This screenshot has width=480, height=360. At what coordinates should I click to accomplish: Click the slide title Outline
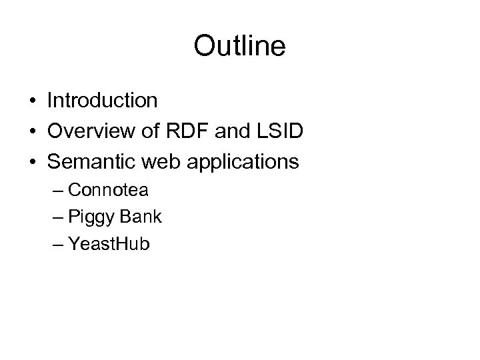(x=239, y=46)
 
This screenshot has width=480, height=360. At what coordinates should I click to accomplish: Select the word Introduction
(x=102, y=101)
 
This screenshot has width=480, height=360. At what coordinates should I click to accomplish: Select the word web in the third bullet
(x=152, y=161)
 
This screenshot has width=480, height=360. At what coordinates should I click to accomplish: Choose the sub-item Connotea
(x=108, y=190)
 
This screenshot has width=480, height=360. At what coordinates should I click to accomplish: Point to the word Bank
(x=139, y=217)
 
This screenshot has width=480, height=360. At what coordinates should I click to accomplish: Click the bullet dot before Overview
(x=33, y=132)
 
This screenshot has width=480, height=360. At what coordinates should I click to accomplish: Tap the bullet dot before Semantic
(x=33, y=162)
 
